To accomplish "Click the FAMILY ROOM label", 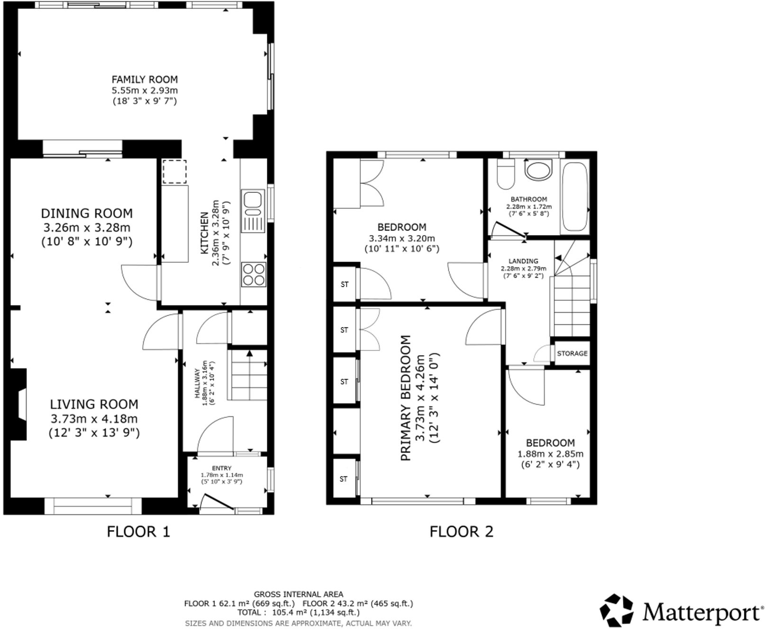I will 145,80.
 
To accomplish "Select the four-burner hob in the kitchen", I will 253,274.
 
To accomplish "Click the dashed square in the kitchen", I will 174,171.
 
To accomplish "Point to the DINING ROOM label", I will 87,213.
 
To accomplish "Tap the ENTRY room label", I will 222,468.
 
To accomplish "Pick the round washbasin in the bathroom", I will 538,169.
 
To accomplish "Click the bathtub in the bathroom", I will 575,197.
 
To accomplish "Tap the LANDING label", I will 523,261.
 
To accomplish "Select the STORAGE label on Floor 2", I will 572,353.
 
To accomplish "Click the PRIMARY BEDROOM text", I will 406,398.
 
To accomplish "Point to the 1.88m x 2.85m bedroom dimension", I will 550,454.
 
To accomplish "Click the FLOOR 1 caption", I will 138,531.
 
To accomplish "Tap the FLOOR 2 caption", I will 461,531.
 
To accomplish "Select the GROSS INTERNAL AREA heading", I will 299,594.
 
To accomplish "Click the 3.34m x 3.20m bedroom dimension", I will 402,238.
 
